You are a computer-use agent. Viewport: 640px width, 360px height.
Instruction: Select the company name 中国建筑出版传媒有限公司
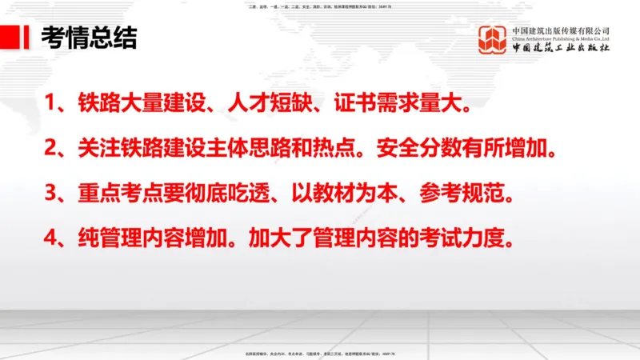click(561, 30)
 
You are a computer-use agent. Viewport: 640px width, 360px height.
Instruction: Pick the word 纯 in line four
click(87, 239)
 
